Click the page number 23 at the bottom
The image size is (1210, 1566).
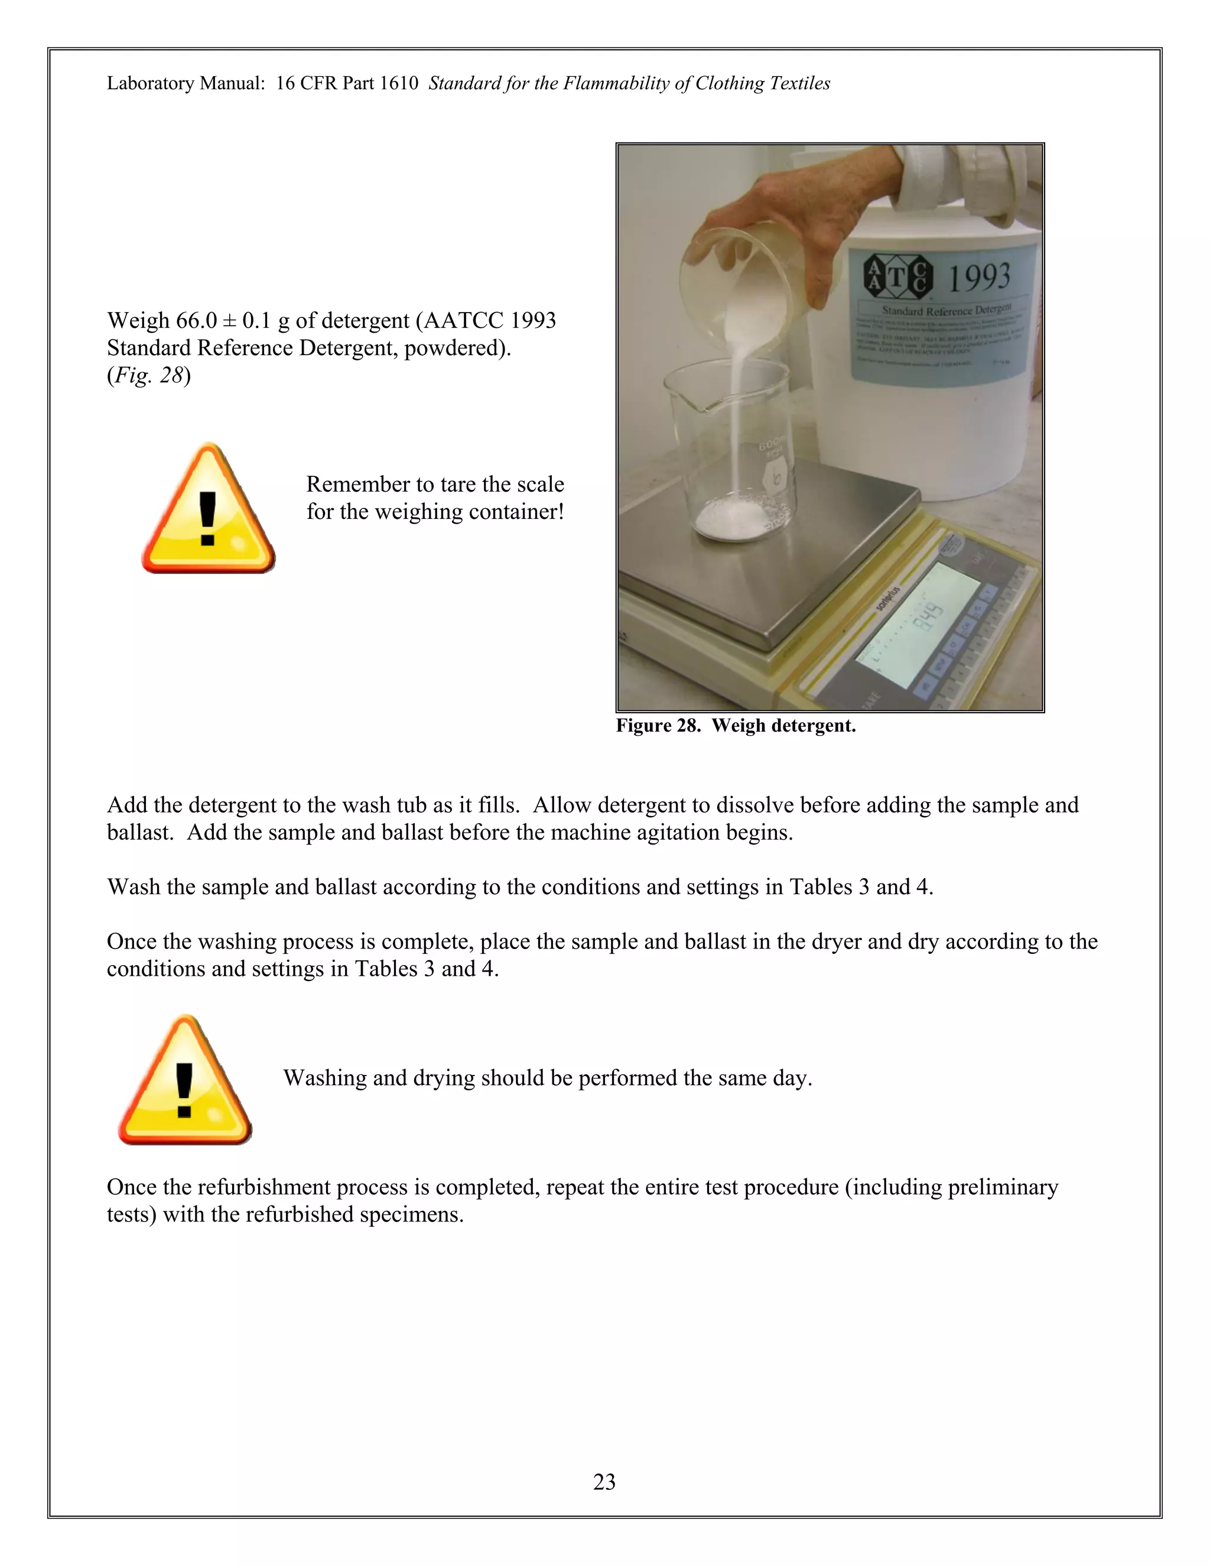[x=604, y=1481]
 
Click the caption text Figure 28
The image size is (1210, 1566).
[x=658, y=726]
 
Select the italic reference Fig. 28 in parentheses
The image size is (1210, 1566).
[x=148, y=376]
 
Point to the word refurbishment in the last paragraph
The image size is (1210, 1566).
[x=262, y=1187]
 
